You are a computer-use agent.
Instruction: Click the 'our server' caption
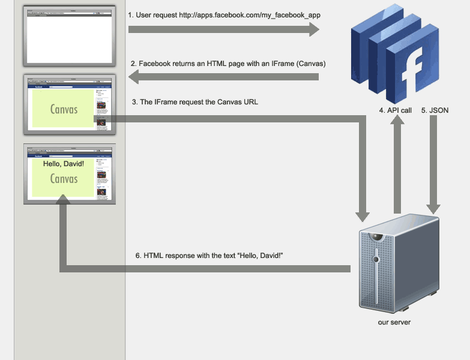[394, 322]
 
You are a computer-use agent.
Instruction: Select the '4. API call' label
[396, 110]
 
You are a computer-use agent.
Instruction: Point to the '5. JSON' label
[435, 110]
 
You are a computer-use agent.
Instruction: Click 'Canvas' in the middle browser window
[64, 109]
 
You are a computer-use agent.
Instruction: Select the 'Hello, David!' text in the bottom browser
[64, 164]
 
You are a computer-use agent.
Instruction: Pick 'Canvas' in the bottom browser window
[64, 179]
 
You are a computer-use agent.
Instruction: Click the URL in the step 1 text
[246, 15]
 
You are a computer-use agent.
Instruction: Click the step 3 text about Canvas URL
[195, 102]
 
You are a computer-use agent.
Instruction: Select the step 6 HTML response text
[209, 256]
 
